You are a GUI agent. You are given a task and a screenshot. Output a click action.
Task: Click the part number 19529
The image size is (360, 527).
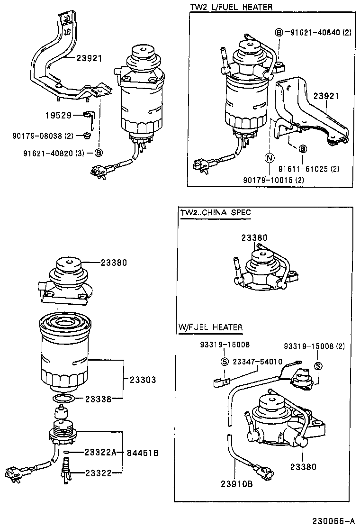[58, 115]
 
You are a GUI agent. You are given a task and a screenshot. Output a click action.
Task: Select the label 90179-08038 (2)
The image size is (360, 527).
[43, 136]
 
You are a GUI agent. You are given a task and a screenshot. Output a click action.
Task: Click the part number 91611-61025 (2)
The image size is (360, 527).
[308, 169]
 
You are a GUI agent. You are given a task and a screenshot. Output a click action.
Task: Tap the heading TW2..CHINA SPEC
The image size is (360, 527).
[216, 213]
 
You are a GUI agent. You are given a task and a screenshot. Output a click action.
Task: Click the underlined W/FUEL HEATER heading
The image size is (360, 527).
[210, 327]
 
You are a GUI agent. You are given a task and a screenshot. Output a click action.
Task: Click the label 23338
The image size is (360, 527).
[98, 400]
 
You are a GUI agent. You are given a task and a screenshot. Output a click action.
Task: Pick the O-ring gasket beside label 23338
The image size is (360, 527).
[62, 398]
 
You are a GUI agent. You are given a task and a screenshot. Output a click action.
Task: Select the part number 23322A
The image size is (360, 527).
[100, 453]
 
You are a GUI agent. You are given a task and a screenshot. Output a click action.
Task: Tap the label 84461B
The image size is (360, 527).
[143, 453]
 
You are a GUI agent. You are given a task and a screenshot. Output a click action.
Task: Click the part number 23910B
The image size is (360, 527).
[236, 484]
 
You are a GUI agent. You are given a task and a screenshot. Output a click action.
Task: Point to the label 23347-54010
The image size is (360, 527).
[257, 362]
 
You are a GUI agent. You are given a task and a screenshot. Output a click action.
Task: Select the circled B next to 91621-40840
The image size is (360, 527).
[279, 32]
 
